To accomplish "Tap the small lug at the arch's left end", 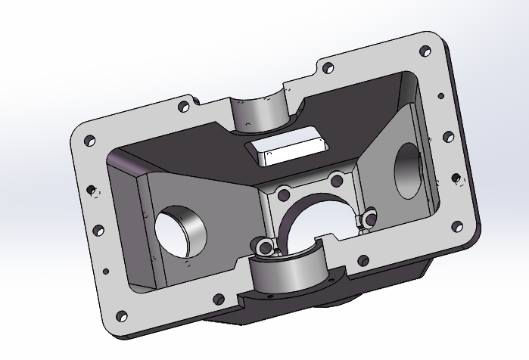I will (263, 246).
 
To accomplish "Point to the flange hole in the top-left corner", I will (89, 141).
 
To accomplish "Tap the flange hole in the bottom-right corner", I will (457, 225).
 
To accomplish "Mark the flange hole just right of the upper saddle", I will (328, 68).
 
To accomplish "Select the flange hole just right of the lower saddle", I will (365, 262).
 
